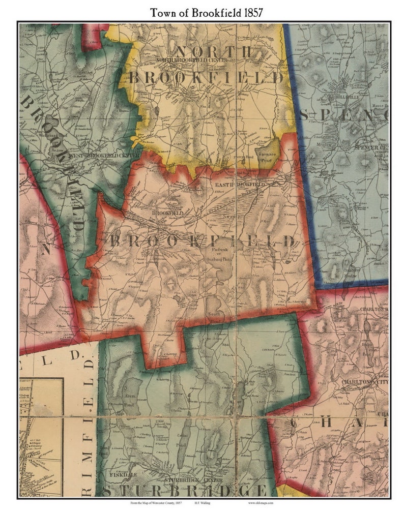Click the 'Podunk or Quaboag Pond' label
(226, 254)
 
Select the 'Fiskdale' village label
(118, 475)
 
